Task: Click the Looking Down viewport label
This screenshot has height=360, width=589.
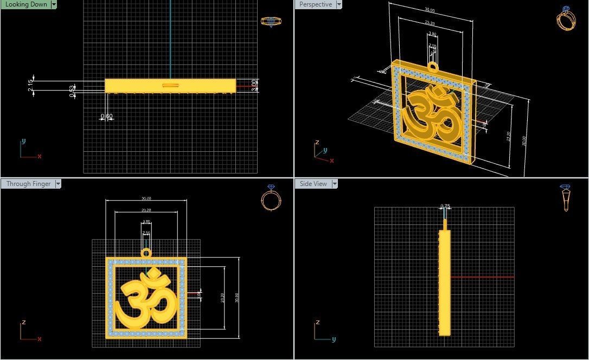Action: click(25, 4)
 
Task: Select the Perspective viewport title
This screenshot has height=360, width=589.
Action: click(315, 4)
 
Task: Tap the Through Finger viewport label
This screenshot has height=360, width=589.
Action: click(28, 184)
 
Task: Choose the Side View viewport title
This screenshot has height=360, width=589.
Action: click(313, 184)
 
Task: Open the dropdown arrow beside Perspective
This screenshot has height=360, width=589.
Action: click(339, 4)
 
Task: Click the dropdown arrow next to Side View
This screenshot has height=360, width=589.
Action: click(335, 184)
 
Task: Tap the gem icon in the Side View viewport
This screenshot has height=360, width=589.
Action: click(566, 197)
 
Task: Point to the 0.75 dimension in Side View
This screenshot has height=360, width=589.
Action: click(445, 206)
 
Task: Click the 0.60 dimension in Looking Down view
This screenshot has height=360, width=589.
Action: click(107, 116)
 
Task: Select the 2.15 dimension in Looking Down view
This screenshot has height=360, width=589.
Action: click(30, 86)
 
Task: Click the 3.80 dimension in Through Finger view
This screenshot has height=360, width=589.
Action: click(146, 222)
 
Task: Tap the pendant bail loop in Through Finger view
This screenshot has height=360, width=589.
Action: click(146, 253)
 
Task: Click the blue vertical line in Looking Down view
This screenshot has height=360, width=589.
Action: click(170, 38)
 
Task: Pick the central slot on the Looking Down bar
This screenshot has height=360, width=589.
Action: click(170, 85)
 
